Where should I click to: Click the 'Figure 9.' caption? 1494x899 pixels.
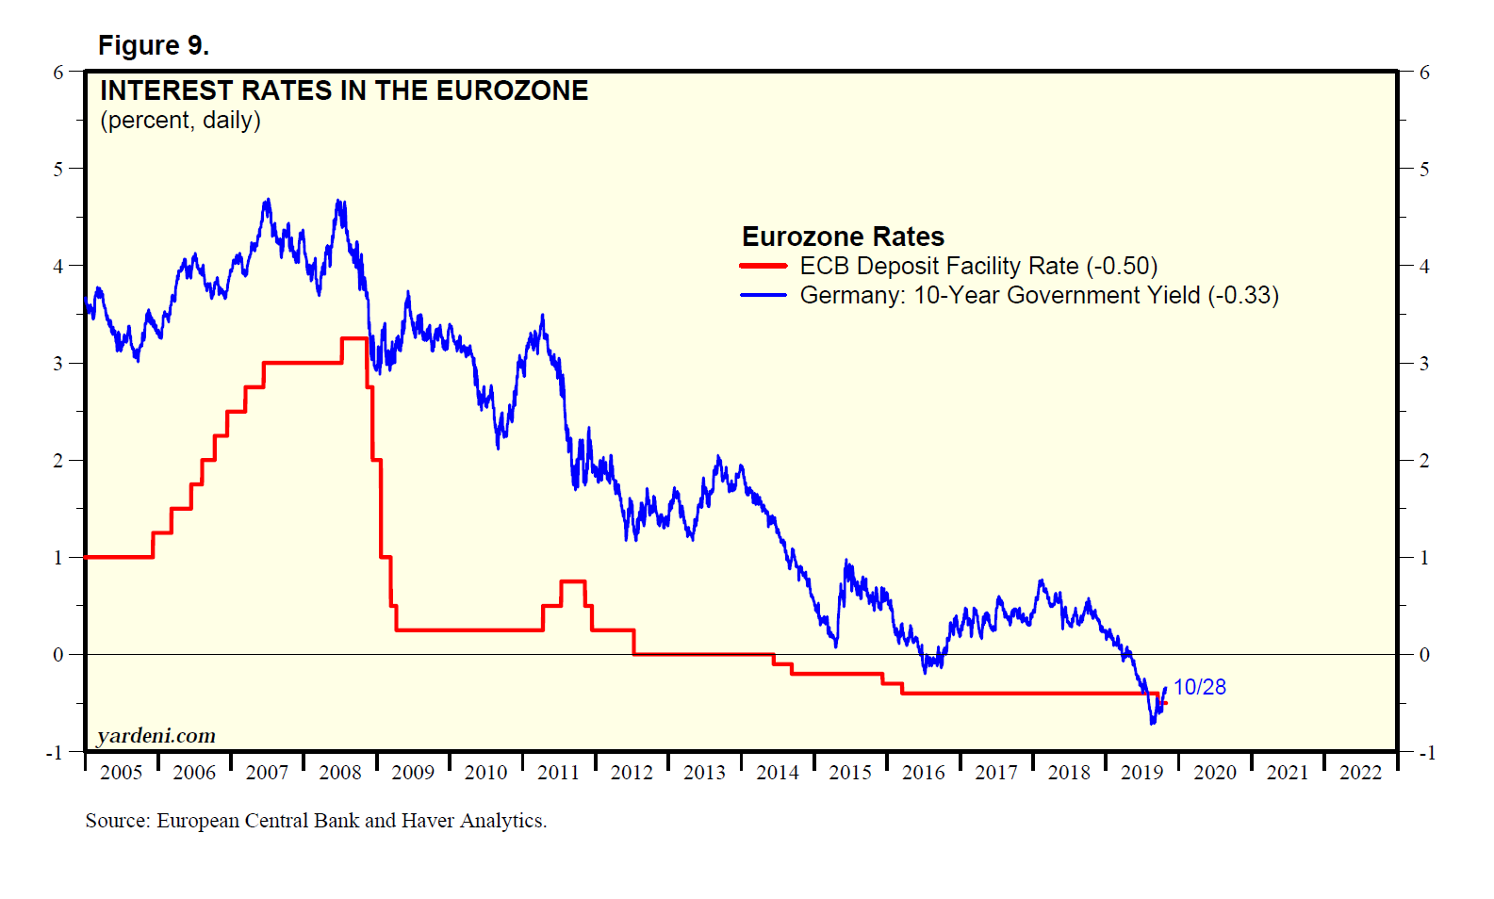pos(153,45)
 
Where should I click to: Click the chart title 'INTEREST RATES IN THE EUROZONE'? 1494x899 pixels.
pos(344,90)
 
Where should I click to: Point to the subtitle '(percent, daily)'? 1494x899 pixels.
pos(180,121)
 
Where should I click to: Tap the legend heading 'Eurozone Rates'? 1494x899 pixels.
pos(843,237)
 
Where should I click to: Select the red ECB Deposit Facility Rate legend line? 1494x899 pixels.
pos(763,267)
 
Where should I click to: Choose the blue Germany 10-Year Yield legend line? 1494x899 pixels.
pos(763,295)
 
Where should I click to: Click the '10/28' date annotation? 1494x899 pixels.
pos(1199,687)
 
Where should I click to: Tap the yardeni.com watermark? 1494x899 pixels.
pos(156,735)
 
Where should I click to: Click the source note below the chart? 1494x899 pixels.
pos(316,821)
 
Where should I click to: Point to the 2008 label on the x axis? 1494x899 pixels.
pos(340,773)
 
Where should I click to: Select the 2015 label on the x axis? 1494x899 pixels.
pos(850,773)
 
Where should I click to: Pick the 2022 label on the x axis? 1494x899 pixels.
pos(1360,773)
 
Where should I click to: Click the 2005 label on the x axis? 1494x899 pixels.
pos(122,773)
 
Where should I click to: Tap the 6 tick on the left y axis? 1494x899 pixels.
pos(58,73)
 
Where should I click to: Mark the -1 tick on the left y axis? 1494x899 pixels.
pos(55,752)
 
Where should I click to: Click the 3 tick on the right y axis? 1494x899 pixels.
pos(1424,363)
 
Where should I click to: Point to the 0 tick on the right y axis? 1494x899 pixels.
pos(1424,654)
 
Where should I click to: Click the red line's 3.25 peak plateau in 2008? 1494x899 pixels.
pos(353,338)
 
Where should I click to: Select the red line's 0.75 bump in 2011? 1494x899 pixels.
pos(573,581)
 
